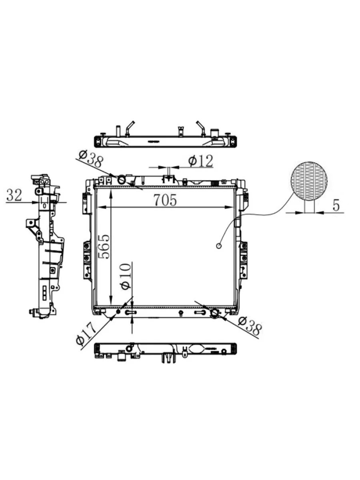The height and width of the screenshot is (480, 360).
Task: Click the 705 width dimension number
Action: tap(165, 200)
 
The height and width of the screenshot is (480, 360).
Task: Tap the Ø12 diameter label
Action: tap(201, 161)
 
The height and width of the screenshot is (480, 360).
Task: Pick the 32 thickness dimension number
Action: tap(14, 195)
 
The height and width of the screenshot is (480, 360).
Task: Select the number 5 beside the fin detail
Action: tap(336, 205)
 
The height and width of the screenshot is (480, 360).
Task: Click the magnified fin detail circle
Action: tap(309, 180)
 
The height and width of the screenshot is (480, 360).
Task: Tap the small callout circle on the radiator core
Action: tap(218, 246)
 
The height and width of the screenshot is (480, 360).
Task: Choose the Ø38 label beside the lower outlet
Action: tap(250, 326)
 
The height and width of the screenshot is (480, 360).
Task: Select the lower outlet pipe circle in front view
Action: tap(215, 313)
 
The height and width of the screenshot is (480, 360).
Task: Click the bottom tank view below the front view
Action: tap(165, 351)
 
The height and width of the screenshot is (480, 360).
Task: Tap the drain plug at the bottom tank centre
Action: tap(181, 312)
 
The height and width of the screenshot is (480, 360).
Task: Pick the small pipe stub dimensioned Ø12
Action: tap(168, 177)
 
